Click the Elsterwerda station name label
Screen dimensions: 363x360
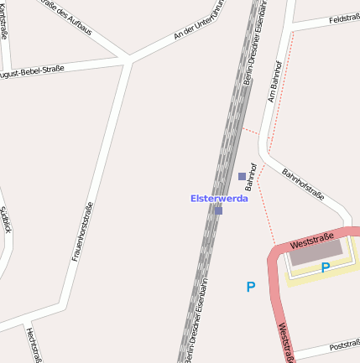point(219,199)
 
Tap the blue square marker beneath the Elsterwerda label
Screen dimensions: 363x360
point(218,210)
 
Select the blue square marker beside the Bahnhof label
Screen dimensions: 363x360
point(242,176)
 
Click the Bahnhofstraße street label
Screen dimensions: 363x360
point(303,184)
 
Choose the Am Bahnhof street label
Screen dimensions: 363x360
point(274,82)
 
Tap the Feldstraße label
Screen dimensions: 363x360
point(344,18)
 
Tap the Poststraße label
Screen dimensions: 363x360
point(344,345)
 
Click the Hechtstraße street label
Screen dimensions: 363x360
point(34,345)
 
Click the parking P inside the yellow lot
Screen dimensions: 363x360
point(325,267)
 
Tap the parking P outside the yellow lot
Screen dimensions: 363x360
point(250,287)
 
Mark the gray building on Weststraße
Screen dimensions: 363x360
point(316,252)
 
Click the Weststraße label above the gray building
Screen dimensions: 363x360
point(311,240)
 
